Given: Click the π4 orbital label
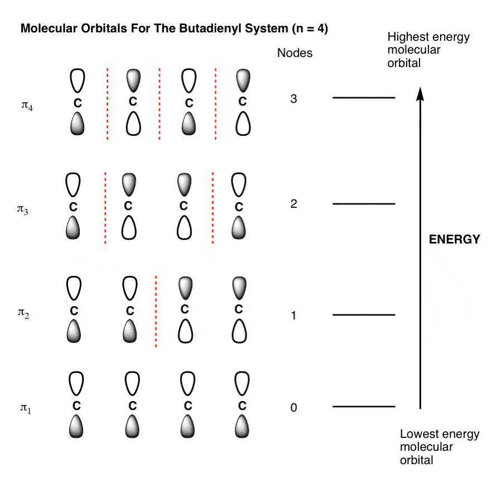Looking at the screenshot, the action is [x=27, y=106].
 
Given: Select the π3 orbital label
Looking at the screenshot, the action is [x=22, y=209].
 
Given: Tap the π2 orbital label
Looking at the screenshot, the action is [x=23, y=313].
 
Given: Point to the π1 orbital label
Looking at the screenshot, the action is [x=26, y=408].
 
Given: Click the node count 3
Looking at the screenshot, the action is [x=293, y=99].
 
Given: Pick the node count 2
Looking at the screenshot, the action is [x=293, y=204].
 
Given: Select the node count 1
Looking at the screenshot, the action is [x=293, y=315].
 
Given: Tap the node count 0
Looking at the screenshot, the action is [x=293, y=408].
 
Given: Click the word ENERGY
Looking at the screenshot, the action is [x=454, y=240].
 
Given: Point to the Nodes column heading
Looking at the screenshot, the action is [x=295, y=53].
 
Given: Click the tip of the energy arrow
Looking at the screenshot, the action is [x=420, y=87].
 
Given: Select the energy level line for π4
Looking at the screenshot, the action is [x=364, y=98].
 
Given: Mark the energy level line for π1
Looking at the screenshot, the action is [x=364, y=407].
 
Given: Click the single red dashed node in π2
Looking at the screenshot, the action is [x=156, y=312].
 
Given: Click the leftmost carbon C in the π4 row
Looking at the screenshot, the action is [x=78, y=103].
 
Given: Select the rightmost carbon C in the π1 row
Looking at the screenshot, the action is [x=242, y=406].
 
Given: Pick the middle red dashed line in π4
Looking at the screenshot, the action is [x=160, y=104].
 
